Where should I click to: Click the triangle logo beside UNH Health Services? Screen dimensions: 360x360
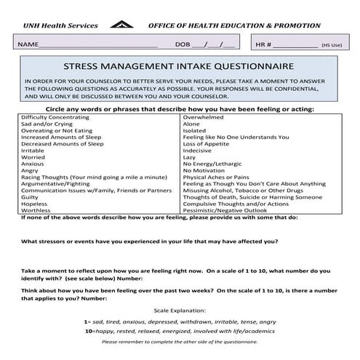(x=122, y=25)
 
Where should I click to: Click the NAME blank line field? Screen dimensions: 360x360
(x=98, y=45)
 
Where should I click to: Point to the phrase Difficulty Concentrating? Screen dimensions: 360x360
(x=57, y=116)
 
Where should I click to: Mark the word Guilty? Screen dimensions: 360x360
(x=31, y=197)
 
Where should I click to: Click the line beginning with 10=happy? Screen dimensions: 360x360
(x=180, y=330)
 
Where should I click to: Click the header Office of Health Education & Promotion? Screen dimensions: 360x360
(x=234, y=25)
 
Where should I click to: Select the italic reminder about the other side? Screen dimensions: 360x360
(x=180, y=342)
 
